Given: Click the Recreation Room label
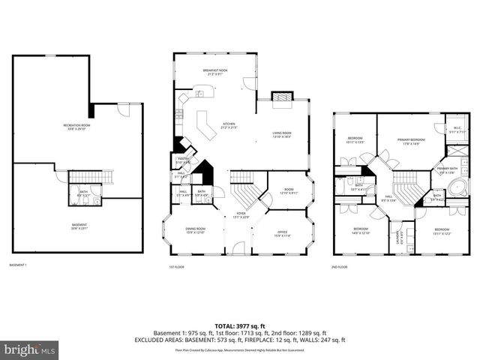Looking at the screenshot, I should point(75,125).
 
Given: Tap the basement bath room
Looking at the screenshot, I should point(83,188).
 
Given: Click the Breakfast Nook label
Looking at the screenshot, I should point(214,72).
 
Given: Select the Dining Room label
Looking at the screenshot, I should point(195,230).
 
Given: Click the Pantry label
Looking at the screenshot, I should point(182,160).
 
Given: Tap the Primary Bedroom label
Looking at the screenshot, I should point(406,140).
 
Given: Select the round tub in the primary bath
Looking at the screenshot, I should point(445,196).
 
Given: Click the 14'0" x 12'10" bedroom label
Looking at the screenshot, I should point(361,230).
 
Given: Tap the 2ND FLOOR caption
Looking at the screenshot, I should point(340,266).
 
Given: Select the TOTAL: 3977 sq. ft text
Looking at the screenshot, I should point(240,326).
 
